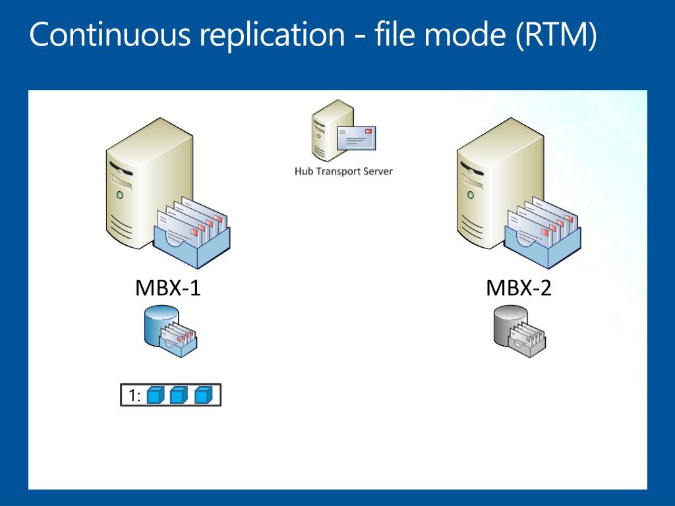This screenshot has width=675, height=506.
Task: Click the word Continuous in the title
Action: click(x=109, y=34)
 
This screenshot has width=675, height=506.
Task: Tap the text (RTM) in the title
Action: click(x=556, y=34)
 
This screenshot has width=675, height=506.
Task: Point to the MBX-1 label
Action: click(x=168, y=288)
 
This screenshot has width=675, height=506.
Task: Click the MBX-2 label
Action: click(x=518, y=288)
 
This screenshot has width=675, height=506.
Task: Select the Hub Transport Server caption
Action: click(x=343, y=171)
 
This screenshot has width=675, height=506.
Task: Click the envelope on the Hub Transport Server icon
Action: click(x=356, y=138)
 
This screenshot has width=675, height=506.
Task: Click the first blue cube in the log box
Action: click(x=156, y=395)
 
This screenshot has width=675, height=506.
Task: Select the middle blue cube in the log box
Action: click(x=179, y=395)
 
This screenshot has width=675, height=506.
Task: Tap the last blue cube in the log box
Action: click(x=203, y=395)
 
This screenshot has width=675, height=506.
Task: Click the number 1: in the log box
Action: click(x=134, y=395)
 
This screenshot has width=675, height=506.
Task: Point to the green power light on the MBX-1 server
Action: click(x=120, y=195)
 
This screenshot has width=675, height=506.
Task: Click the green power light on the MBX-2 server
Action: click(x=471, y=195)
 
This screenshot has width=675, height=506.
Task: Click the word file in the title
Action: click(x=395, y=34)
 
